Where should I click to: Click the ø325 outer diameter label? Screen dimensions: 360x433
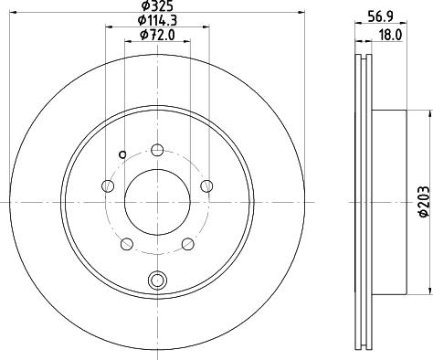click(157, 6)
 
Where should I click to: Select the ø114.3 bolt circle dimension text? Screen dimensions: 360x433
click(157, 21)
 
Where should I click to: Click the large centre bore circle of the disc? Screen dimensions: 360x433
click(157, 199)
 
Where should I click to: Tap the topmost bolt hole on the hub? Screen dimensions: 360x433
click(157, 151)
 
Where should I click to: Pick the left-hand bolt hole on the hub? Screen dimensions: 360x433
click(109, 186)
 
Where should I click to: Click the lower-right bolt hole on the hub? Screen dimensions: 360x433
click(187, 243)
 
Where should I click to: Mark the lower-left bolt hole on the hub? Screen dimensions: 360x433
click(127, 243)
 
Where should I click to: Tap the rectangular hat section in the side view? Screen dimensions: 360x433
click(388, 199)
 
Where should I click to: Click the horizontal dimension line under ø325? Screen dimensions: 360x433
click(157, 13)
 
